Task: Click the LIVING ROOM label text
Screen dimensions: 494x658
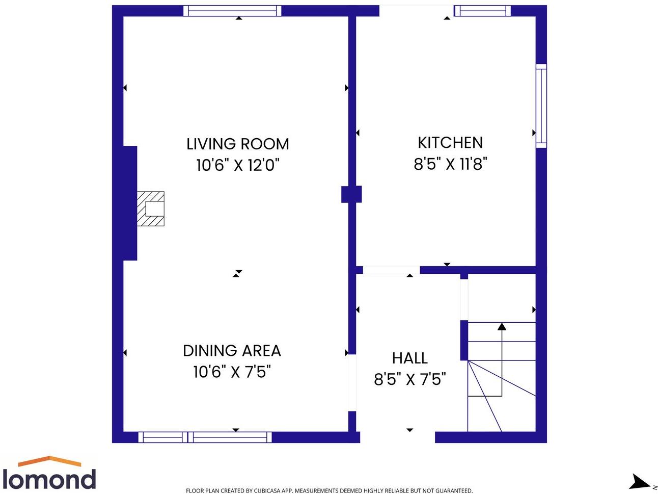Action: (237, 144)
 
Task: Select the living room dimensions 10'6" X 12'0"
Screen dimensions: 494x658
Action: (238, 165)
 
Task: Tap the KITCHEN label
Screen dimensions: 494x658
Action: (450, 143)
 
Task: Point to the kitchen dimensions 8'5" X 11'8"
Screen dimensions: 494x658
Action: (450, 164)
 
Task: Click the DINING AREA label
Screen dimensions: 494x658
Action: (232, 351)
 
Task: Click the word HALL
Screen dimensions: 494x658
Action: (409, 358)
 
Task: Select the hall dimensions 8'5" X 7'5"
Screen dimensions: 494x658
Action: (409, 379)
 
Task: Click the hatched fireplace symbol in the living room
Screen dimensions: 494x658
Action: (151, 209)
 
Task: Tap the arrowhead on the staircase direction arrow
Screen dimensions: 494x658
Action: (502, 326)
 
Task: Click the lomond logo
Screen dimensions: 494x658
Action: (49, 474)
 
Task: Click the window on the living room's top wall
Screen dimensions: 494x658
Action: (232, 11)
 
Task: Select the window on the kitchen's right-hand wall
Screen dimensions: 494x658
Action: (541, 106)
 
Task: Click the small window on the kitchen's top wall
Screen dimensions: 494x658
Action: (482, 11)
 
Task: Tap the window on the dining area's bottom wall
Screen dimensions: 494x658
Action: (205, 437)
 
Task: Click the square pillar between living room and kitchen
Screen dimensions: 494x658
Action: (351, 194)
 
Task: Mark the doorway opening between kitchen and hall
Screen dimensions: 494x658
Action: (391, 270)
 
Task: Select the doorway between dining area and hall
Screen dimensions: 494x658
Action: (351, 383)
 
